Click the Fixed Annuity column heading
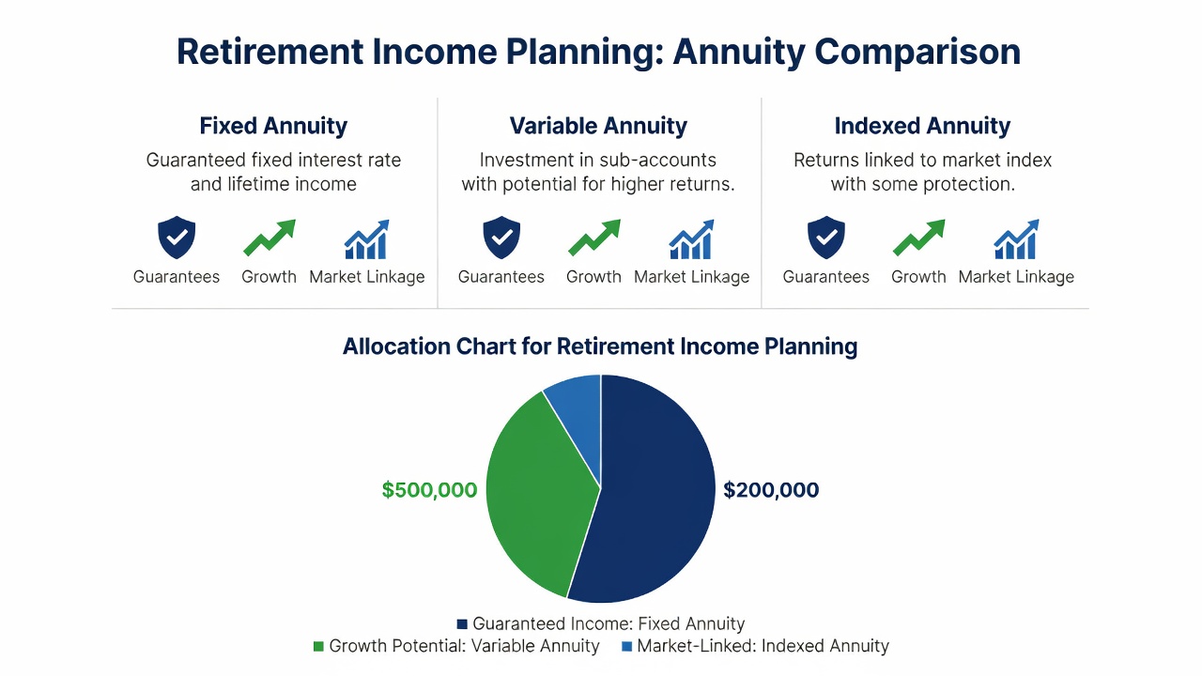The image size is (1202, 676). (273, 126)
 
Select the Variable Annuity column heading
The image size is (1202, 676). (598, 126)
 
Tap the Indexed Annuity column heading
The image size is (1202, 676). (922, 126)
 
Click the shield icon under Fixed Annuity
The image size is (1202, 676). (177, 238)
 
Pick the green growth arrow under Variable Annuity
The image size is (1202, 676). (594, 238)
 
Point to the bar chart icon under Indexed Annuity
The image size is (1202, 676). (1016, 239)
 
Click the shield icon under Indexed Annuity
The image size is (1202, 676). (826, 238)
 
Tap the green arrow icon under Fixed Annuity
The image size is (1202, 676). (270, 238)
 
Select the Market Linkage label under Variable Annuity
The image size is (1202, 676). (692, 277)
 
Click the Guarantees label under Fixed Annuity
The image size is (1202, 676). (177, 277)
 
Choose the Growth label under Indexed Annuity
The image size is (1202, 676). (918, 277)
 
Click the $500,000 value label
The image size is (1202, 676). (429, 490)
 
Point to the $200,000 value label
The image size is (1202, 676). (771, 490)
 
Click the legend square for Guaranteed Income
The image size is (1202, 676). (461, 624)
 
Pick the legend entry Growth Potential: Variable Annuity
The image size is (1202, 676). (456, 646)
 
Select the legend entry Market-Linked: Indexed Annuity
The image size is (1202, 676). (755, 646)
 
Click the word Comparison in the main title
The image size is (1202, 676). (917, 53)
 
